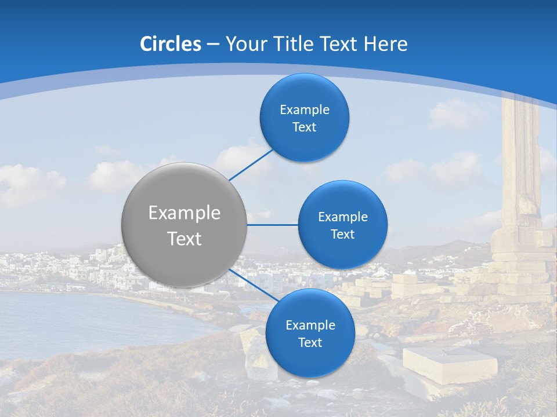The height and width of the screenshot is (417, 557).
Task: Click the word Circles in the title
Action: pos(171,44)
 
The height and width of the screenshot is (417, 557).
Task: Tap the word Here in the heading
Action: pos(385,44)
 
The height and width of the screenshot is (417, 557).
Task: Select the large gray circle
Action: pos(184,225)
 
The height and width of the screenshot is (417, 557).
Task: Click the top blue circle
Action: pos(304,118)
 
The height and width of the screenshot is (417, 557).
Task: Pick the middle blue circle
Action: pos(342,225)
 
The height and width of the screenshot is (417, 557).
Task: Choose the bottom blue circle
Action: pos(310,333)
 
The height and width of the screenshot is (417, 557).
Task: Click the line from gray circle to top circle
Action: pos(251,164)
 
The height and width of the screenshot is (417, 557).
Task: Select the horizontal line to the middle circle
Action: pos(273,225)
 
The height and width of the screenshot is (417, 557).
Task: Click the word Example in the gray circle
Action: pos(184,213)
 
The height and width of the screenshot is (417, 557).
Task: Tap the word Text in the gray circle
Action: pos(184,239)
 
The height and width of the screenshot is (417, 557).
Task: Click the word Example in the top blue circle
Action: pos(304,109)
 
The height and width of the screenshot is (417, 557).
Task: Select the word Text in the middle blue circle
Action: pos(342,234)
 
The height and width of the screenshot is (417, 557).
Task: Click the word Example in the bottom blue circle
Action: pos(310,325)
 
